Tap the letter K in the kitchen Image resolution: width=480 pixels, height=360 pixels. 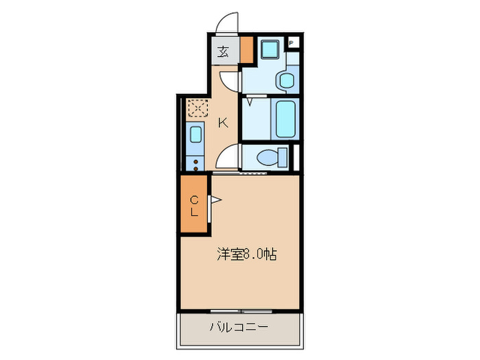point(223,123)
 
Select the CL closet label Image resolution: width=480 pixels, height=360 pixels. point(194,206)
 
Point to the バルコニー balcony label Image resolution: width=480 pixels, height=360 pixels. point(239,327)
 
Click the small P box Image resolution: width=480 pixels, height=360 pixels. point(291,43)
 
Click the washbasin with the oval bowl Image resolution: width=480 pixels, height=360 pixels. point(287,80)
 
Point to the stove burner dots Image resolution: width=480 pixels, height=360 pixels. point(196,164)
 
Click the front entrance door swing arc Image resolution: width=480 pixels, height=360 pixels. point(226,23)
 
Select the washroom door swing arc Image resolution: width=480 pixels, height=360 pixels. point(232,81)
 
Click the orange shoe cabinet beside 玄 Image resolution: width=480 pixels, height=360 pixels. point(246,51)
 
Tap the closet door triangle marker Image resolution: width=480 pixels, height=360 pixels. point(215,200)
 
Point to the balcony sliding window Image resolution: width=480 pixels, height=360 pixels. point(239,310)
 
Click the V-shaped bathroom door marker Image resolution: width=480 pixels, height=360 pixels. point(252,101)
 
